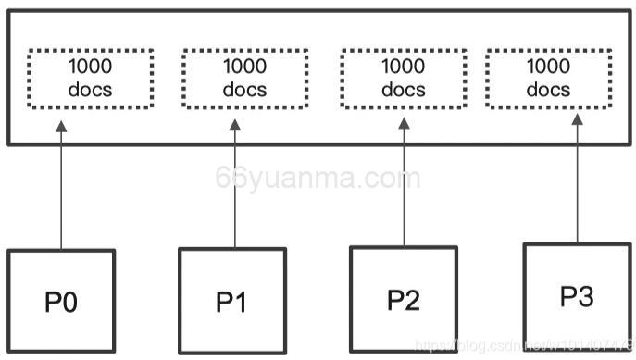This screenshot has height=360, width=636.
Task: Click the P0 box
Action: pos(61,302)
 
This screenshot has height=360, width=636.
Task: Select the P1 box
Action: pos(232,301)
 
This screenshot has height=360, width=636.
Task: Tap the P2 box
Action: pos(404,298)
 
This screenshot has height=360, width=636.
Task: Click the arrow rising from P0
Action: pos(61,194)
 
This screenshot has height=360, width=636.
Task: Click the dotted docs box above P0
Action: pos(89,78)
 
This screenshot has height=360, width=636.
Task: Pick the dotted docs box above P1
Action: pos(243,78)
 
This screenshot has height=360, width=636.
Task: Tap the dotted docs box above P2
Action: pos(403,78)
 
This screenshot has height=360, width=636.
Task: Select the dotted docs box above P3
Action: pos(548,78)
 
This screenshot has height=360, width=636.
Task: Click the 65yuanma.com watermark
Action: pos(318,178)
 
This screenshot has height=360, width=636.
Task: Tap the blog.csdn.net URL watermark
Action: pos(523,345)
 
